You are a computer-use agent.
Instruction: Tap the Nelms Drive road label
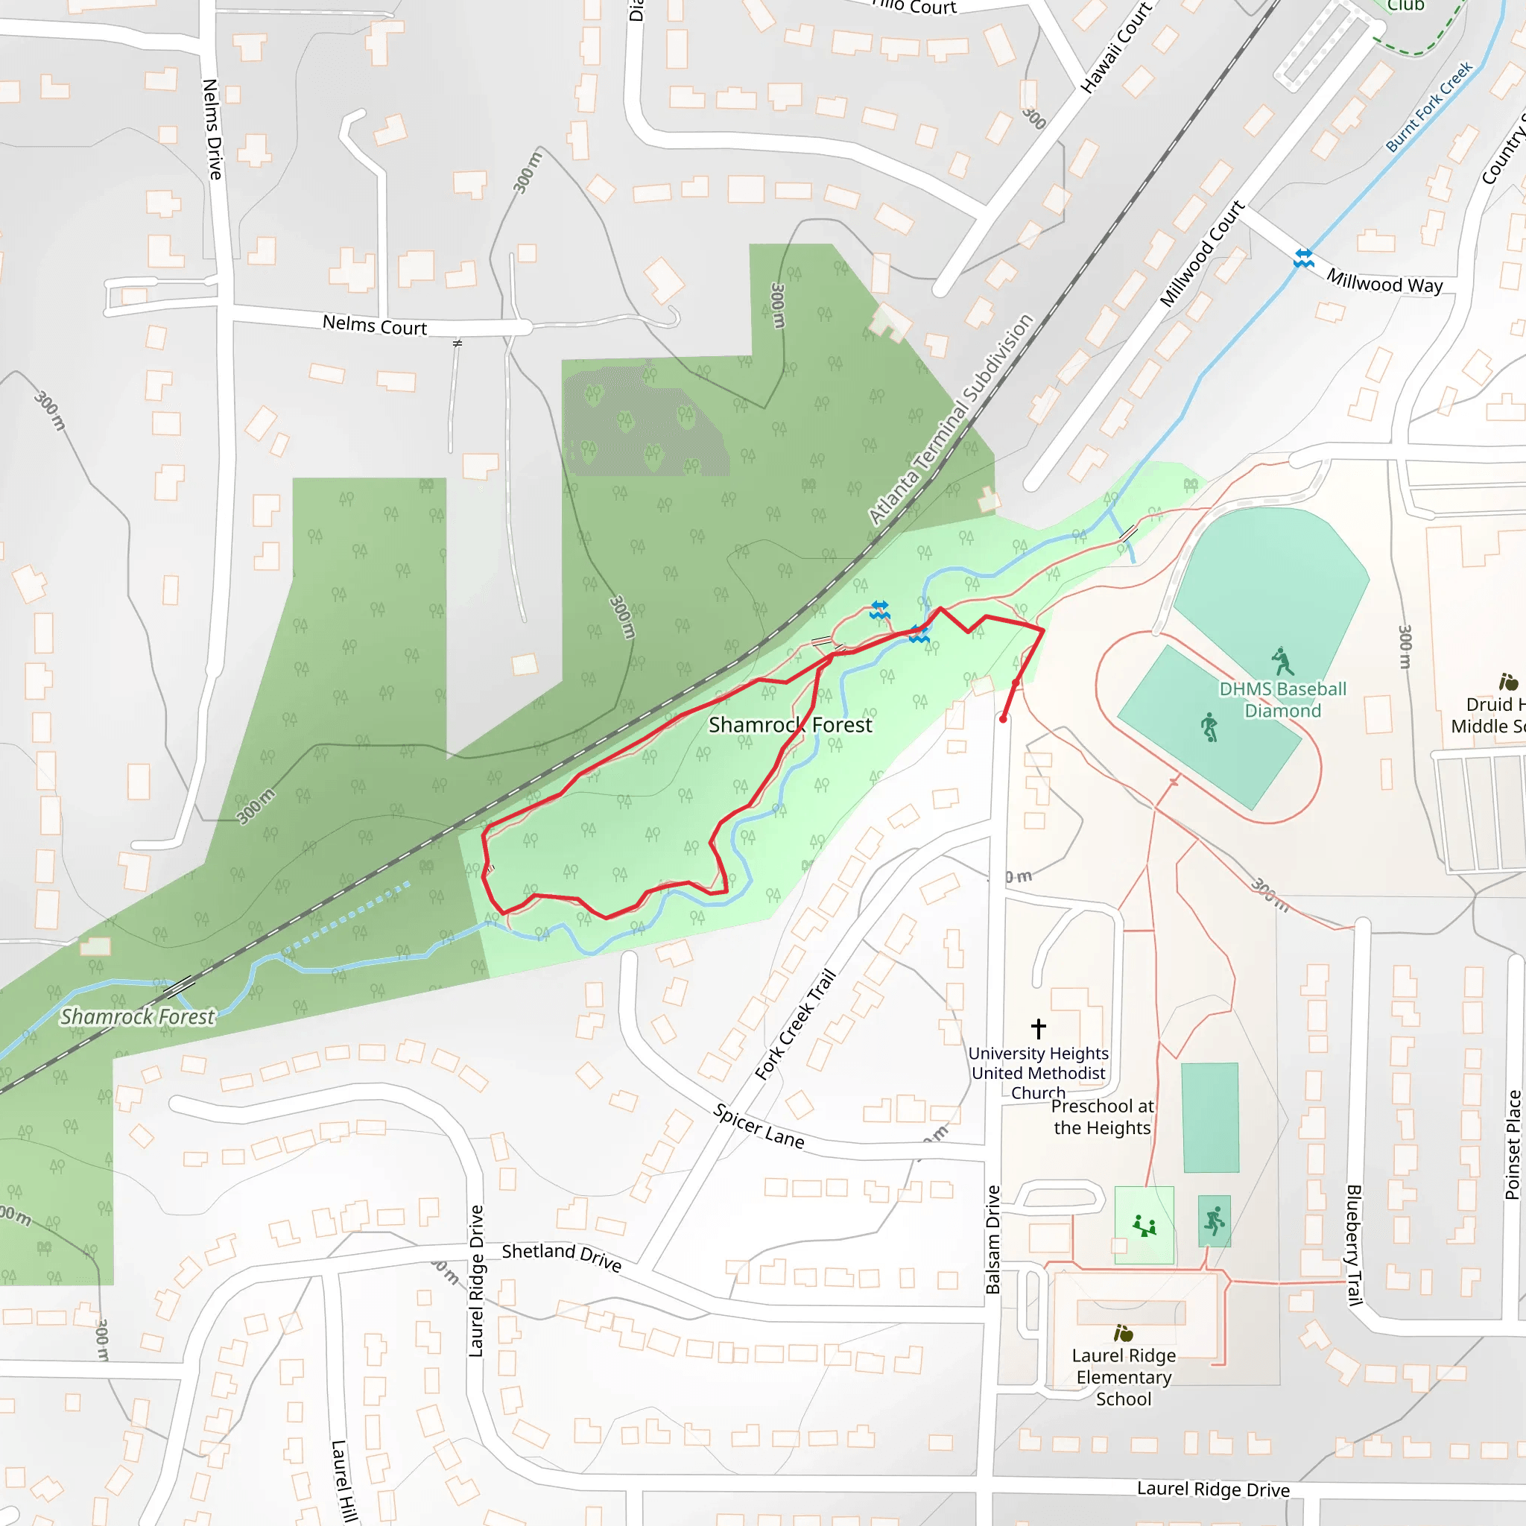(x=212, y=130)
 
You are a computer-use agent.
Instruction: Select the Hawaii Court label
(x=1116, y=48)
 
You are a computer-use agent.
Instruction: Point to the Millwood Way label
(x=1384, y=281)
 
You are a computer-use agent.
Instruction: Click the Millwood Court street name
(x=1201, y=254)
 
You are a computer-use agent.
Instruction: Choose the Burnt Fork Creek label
(x=1429, y=107)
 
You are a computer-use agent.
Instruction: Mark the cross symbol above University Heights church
(x=1039, y=1028)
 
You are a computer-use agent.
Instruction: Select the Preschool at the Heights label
(x=1102, y=1117)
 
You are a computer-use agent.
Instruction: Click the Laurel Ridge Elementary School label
(x=1123, y=1377)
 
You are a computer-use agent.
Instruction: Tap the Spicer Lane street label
(x=759, y=1127)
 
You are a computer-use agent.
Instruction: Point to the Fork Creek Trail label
(x=794, y=1025)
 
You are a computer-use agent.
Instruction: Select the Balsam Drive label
(x=992, y=1239)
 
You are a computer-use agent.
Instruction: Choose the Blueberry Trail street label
(x=1354, y=1245)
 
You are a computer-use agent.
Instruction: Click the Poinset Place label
(x=1512, y=1145)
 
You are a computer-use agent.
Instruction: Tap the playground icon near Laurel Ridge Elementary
(x=1144, y=1226)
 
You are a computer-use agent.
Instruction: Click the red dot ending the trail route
(x=1003, y=720)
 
